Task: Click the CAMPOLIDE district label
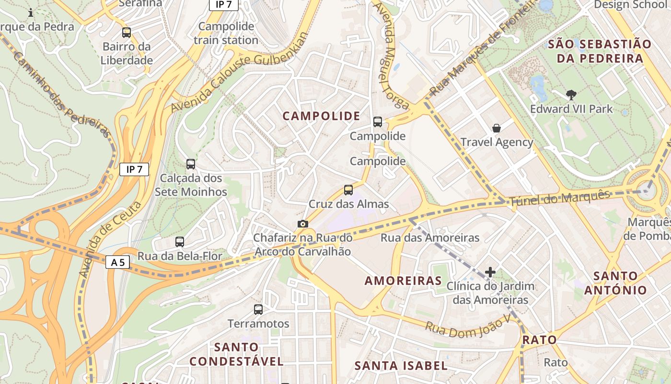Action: pos(321,116)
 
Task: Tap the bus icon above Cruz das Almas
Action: pos(348,190)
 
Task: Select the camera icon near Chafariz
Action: pos(302,224)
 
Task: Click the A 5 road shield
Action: pos(117,263)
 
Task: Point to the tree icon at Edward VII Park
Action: pos(571,95)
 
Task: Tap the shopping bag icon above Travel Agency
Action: pos(497,128)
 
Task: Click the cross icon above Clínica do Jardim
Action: pos(490,272)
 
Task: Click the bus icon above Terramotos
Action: pos(258,310)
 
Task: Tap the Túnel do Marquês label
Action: pos(559,198)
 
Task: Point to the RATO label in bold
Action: pos(539,340)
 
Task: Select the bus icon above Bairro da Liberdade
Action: pos(127,33)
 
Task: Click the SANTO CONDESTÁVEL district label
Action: pos(236,354)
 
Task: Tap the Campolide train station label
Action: pos(226,33)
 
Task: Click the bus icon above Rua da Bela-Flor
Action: pos(180,242)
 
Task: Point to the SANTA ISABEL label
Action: pos(401,366)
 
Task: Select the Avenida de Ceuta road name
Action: pos(110,239)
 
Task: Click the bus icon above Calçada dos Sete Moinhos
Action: pos(191,164)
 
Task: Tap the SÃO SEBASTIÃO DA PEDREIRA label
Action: pos(599,51)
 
